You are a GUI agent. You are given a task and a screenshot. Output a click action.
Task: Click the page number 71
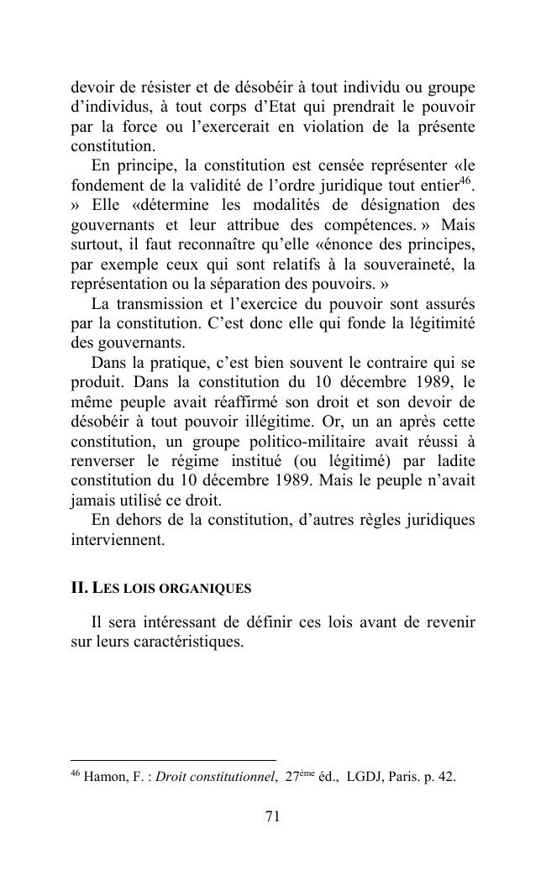coord(272,816)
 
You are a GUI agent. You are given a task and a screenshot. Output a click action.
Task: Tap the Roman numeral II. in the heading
coord(79,588)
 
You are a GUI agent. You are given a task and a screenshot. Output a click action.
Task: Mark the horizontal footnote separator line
coord(173,761)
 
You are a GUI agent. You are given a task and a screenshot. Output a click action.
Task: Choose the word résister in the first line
coord(159,88)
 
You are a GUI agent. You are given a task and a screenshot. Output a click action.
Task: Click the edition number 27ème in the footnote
coord(301,777)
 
